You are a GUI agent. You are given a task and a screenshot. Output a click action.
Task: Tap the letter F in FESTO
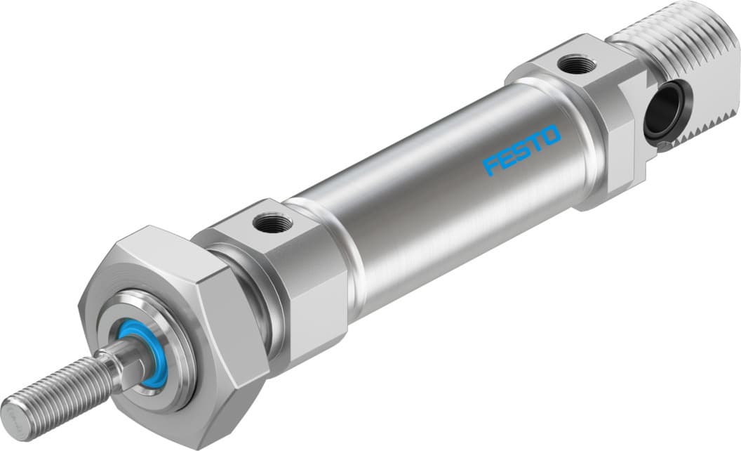tap(491, 166)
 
